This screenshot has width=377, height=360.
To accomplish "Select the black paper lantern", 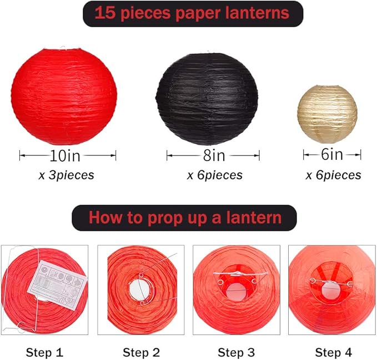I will [207, 98].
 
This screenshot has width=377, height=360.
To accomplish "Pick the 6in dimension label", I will [332, 155].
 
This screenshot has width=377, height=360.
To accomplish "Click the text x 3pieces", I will [66, 175].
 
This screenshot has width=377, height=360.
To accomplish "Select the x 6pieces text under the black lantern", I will [214, 175].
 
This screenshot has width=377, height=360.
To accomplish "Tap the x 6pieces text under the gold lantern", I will [333, 175].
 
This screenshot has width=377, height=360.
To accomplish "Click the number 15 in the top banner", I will [104, 13].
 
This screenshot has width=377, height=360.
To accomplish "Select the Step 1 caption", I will [44, 352].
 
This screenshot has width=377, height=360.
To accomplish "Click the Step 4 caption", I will [332, 352].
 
